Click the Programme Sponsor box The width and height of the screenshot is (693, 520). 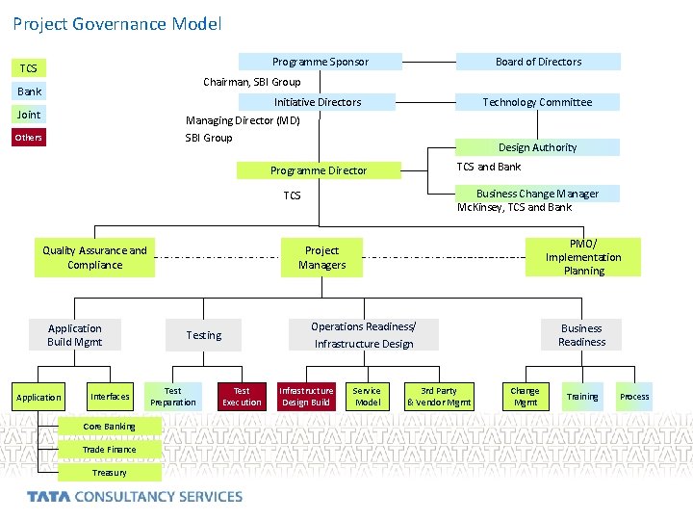(x=319, y=62)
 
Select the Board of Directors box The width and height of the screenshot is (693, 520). (x=538, y=62)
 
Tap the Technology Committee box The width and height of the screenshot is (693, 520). (x=537, y=102)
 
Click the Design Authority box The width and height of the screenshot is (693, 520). (x=537, y=147)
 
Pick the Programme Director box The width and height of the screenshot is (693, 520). (x=319, y=170)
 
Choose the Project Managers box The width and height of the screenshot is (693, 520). (x=321, y=257)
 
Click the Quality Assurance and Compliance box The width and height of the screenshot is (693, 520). (x=95, y=257)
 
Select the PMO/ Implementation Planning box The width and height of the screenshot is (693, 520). (x=583, y=257)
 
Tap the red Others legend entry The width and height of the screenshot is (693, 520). (x=30, y=138)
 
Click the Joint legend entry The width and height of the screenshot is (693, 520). (x=30, y=115)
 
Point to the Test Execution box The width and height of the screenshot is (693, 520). (x=242, y=397)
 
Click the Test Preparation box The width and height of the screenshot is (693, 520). (x=173, y=397)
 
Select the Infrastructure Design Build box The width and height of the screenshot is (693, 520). (x=306, y=397)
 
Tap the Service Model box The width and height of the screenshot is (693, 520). (x=367, y=397)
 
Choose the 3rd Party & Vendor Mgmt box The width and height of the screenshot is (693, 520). (x=439, y=397)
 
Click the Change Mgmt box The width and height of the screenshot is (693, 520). (x=525, y=397)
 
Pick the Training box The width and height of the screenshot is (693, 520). (x=581, y=397)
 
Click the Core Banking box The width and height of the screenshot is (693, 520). (x=109, y=427)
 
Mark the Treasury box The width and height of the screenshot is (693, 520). (x=109, y=473)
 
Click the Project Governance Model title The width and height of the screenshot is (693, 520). (x=117, y=23)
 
